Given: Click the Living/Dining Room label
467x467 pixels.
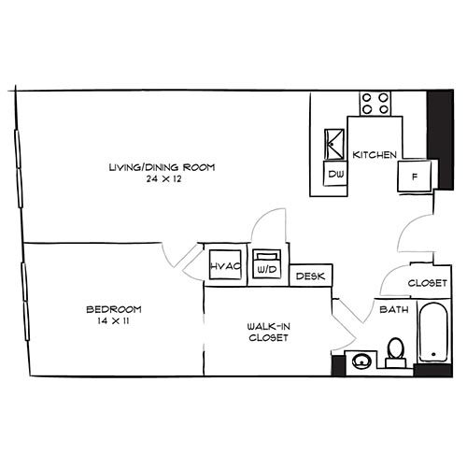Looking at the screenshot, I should (x=162, y=167).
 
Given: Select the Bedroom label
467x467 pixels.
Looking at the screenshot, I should (x=113, y=309).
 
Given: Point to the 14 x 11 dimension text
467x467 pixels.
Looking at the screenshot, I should (x=113, y=320).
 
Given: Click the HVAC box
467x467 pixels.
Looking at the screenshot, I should (x=226, y=265).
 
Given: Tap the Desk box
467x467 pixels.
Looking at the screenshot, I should (x=310, y=276).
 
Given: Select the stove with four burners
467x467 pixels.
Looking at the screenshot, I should (x=375, y=102).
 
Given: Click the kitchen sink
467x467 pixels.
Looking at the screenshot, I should (x=333, y=145).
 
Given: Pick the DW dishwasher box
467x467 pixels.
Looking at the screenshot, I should (x=334, y=175).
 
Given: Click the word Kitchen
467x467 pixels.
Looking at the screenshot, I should (x=375, y=155).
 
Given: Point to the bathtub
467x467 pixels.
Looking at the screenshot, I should (x=432, y=333).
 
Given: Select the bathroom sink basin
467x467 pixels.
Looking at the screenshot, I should (x=360, y=360).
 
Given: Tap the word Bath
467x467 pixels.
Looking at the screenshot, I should (x=389, y=309).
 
